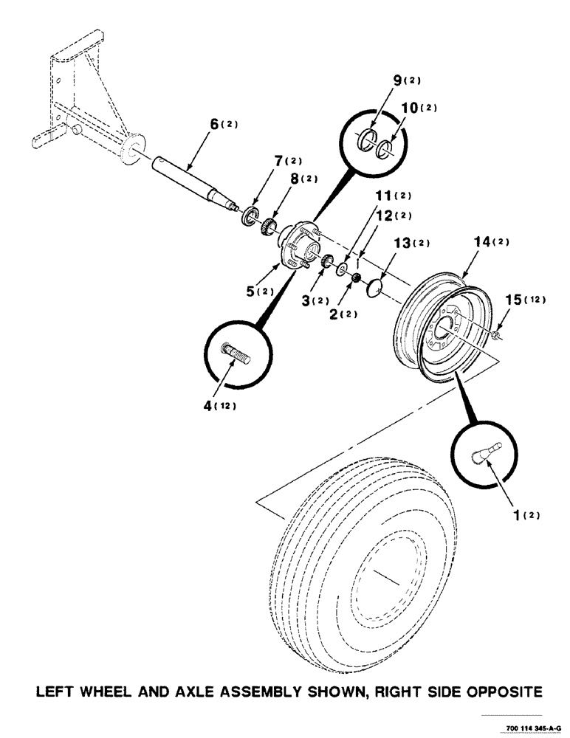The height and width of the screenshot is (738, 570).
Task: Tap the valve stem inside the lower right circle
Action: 484,452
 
